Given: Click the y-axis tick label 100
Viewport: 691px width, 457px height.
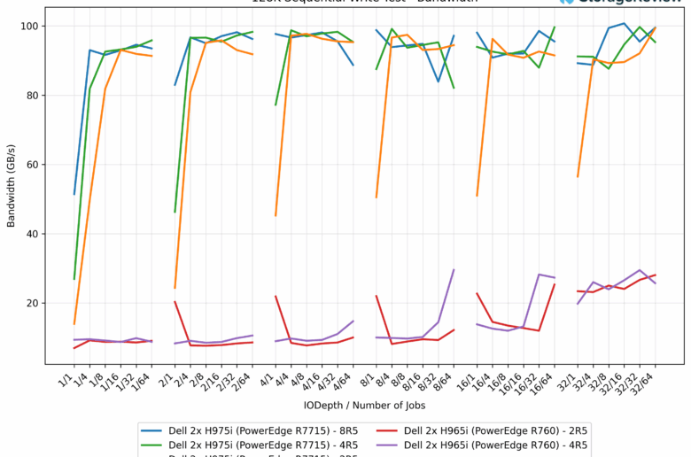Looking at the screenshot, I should point(28,27).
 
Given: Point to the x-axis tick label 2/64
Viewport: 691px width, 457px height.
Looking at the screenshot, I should point(246,381).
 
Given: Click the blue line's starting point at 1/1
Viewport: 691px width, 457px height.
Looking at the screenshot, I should point(74,194).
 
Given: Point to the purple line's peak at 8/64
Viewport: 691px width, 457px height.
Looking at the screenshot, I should point(454,270).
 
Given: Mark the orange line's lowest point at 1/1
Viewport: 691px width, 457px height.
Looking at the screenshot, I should point(74,324).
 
